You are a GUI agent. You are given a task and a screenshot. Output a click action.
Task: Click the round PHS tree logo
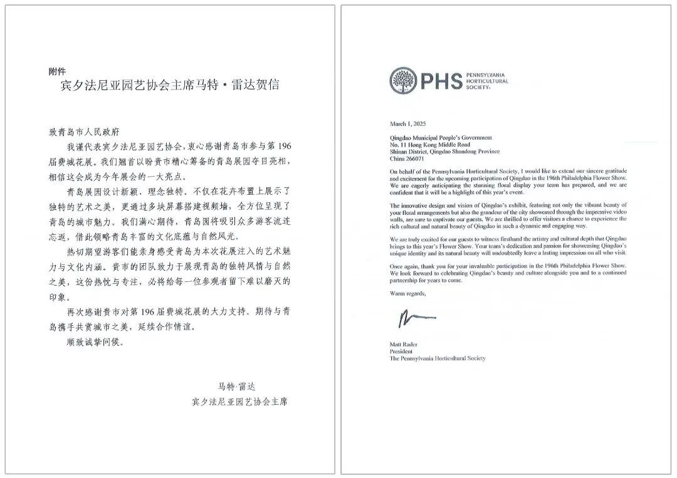pyautogui.click(x=404, y=81)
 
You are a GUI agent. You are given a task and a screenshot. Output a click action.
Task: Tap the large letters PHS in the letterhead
pyautogui.click(x=441, y=81)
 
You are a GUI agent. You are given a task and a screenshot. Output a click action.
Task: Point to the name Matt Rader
pyautogui.click(x=404, y=344)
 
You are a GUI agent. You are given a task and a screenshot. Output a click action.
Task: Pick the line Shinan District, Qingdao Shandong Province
pyautogui.click(x=444, y=152)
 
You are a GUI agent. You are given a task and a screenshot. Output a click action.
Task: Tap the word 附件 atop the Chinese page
pyautogui.click(x=57, y=71)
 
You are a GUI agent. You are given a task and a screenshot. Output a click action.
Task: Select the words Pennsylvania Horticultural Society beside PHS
pyautogui.click(x=488, y=81)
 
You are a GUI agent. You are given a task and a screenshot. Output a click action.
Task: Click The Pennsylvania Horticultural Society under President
pyautogui.click(x=438, y=359)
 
